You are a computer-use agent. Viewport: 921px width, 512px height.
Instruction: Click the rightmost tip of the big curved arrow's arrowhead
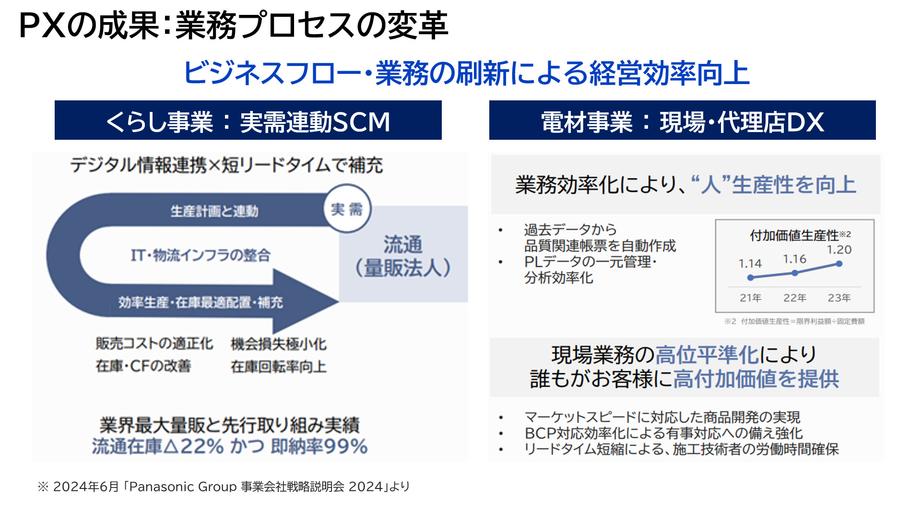(x=339, y=302)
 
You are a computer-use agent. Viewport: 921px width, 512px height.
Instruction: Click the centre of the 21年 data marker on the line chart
(x=751, y=278)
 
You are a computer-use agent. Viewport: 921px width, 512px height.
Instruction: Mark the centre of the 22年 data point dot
(x=795, y=273)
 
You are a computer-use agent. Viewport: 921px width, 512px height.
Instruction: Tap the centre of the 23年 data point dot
(x=839, y=264)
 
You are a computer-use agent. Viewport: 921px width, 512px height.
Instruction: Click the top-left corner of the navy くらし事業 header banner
(x=55, y=101)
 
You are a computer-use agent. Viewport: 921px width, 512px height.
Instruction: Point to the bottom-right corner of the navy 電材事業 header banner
(x=875, y=140)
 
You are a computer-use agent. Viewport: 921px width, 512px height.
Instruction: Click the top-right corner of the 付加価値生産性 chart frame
(x=874, y=220)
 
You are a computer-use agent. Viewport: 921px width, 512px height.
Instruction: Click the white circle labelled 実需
(x=347, y=209)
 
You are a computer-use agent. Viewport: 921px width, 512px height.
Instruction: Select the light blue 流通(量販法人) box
(x=403, y=254)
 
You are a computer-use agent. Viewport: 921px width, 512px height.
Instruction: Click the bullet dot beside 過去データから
(x=501, y=230)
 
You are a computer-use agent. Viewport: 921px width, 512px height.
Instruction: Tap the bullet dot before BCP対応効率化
(x=501, y=434)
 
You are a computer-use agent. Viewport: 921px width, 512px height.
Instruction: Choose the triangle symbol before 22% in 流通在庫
(x=171, y=447)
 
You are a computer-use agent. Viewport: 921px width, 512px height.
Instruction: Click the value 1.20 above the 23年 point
(x=839, y=250)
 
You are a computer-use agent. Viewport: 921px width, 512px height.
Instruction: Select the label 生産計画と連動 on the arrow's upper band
(x=214, y=211)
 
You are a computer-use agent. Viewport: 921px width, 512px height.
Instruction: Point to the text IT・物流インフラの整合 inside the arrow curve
(x=201, y=255)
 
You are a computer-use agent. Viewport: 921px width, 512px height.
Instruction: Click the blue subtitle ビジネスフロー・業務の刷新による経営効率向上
(x=466, y=73)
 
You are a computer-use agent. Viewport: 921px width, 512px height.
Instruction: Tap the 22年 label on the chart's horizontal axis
(x=795, y=298)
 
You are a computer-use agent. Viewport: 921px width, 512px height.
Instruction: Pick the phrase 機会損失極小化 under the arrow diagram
(x=279, y=344)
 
